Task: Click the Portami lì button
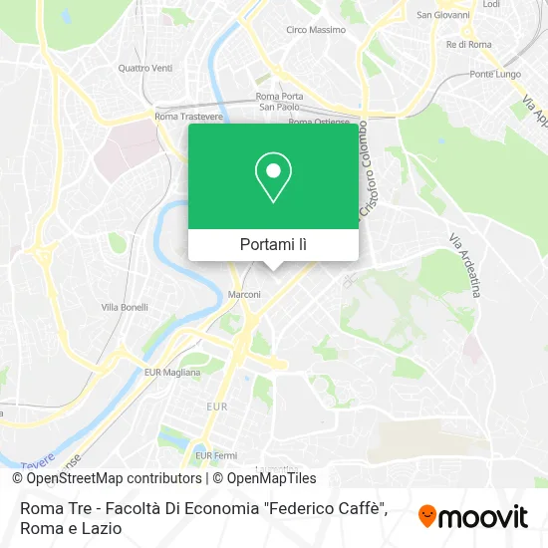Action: (273, 244)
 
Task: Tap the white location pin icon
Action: (273, 177)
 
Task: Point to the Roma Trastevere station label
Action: (178, 117)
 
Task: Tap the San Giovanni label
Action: (443, 15)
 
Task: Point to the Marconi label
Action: (244, 295)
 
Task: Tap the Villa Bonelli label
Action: (125, 308)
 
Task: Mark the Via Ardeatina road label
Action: (464, 265)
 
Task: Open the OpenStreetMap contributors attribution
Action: (107, 478)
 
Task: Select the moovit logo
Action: (473, 516)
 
